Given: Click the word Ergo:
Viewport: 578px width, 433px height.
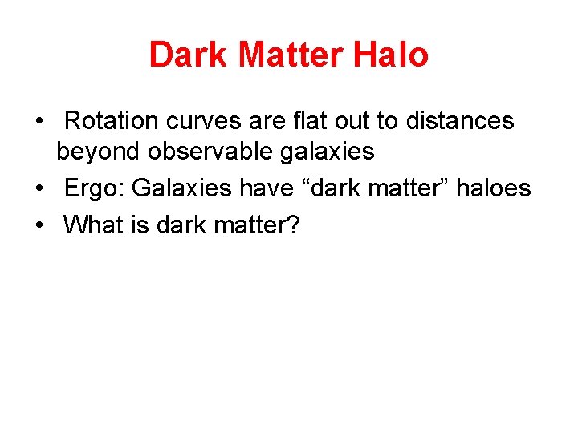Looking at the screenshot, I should tap(94, 188).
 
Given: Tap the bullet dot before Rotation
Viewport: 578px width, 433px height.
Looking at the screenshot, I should tap(39, 122).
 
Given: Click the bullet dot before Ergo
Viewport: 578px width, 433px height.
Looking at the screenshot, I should tap(39, 189).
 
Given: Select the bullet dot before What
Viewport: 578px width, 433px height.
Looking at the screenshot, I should tap(39, 226).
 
